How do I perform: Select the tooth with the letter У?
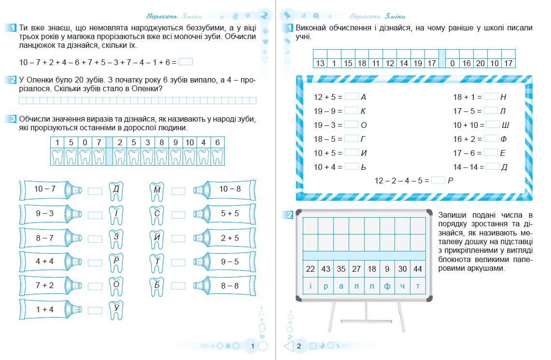click(116, 309)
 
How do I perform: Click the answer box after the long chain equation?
click(185, 62)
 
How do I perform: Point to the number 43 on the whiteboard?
click(325, 269)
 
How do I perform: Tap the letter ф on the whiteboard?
click(387, 286)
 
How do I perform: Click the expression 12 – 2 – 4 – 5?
click(401, 180)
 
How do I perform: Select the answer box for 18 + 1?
click(491, 97)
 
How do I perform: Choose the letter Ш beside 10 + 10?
click(506, 125)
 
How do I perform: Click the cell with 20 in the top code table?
click(480, 63)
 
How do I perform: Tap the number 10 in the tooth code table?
click(189, 142)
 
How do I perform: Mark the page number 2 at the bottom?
click(299, 346)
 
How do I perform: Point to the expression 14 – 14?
click(467, 167)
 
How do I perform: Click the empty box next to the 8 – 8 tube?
click(178, 286)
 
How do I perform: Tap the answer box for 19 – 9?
click(351, 111)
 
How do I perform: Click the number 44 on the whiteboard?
click(418, 269)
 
